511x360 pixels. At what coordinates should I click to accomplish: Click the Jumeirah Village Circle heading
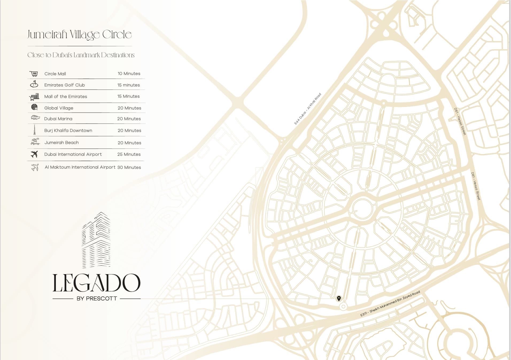coord(79,35)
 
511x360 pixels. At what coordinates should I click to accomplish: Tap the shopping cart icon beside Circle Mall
coord(34,74)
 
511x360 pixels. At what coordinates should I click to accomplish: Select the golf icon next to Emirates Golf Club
coord(34,84)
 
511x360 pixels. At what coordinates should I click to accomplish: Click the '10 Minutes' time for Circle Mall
coord(129,74)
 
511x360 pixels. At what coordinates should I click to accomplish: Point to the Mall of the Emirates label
coord(65,97)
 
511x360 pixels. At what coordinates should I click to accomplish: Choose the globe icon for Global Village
coord(34,107)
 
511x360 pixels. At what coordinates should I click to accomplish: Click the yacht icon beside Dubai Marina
coord(35,118)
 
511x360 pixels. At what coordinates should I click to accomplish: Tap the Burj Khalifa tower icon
coord(34,130)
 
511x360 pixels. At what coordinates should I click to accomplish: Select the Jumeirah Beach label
coord(61,143)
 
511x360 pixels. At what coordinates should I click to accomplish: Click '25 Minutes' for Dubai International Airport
coord(129,154)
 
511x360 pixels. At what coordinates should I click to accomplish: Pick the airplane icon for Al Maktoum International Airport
coord(35,167)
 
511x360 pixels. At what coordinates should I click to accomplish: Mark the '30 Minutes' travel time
coord(129,167)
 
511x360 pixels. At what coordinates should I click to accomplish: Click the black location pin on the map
coord(339,298)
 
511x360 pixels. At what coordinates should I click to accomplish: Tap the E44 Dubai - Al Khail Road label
coord(307,109)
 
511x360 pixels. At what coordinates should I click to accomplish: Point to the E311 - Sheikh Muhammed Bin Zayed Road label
coord(390,304)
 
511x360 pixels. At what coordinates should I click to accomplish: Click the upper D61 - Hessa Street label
coord(460,121)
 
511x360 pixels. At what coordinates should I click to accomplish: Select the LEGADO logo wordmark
coord(96,283)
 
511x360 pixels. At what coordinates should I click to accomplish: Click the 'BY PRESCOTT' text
coord(97,299)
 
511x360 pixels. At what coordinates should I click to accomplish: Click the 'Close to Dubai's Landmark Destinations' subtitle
coord(81,55)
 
